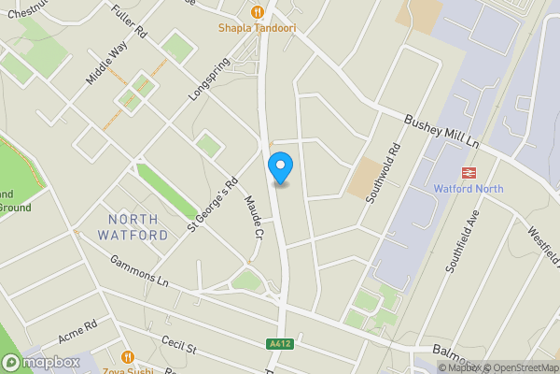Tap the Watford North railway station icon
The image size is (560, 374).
coord(469,172)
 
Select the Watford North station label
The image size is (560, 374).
coord(469,189)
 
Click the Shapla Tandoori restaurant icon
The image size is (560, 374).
coord(258,12)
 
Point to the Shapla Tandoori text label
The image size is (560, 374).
coord(258,28)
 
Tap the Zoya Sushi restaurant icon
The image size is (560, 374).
coord(129,356)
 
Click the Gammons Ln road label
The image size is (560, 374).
coord(138,272)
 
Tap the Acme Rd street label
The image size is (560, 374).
coord(77,332)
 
